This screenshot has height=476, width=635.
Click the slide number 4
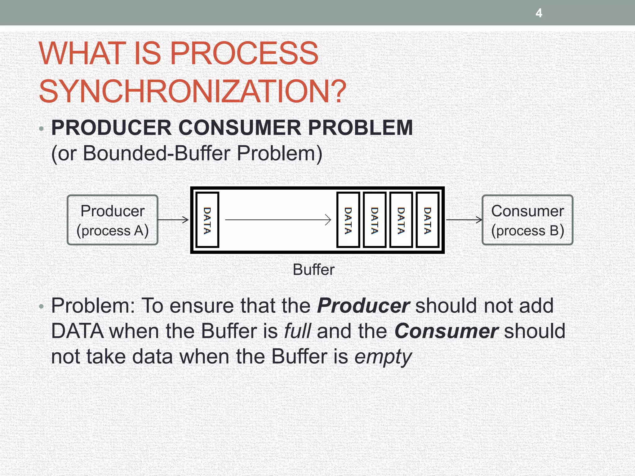tap(539, 13)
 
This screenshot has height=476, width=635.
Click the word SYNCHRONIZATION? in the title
tap(192, 91)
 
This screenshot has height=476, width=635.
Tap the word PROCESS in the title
tap(244, 53)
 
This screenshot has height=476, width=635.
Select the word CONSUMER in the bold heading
tap(239, 128)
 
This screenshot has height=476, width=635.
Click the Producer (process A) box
tap(113, 220)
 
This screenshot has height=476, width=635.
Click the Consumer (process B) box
tap(527, 220)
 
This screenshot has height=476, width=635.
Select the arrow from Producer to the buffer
tap(174, 220)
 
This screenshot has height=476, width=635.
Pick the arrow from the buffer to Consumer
tap(464, 220)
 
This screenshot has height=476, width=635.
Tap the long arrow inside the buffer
tap(278, 220)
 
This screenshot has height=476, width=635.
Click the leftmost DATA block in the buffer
tap(207, 220)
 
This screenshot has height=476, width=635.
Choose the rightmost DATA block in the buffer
tap(428, 220)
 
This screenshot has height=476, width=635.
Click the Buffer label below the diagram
tap(314, 270)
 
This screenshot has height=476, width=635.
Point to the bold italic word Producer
tap(363, 306)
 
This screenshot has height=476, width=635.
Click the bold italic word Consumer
tap(446, 331)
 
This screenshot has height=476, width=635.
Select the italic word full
tap(297, 331)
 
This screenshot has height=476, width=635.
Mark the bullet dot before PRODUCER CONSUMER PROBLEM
tap(42, 129)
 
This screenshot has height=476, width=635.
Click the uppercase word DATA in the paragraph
tap(77, 331)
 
